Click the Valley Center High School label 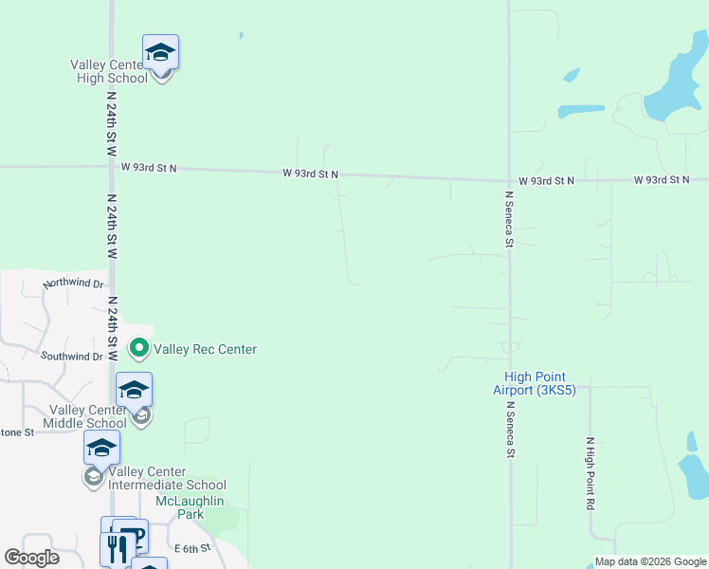[x=109, y=71]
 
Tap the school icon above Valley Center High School [x=160, y=52]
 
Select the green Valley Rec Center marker [x=139, y=349]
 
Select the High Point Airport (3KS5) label [x=535, y=383]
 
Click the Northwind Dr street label [x=73, y=284]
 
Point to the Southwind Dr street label [x=71, y=357]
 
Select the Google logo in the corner [x=32, y=558]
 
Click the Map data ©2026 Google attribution [x=651, y=561]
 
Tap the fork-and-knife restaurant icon [x=117, y=548]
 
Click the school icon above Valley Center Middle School [x=134, y=390]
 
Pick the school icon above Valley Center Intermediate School [x=101, y=448]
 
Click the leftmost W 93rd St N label [x=150, y=168]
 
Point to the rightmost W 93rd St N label [x=662, y=179]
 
